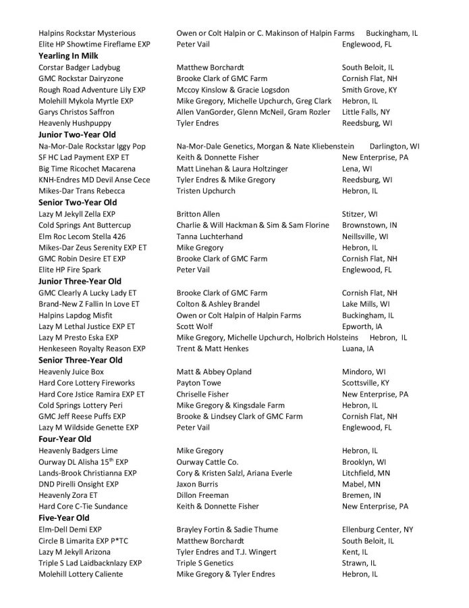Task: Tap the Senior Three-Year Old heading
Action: click(80, 360)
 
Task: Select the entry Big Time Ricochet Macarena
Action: click(87, 169)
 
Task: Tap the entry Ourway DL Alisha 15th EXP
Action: click(83, 461)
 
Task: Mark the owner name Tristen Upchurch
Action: click(206, 191)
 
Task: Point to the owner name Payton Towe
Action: click(199, 382)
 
